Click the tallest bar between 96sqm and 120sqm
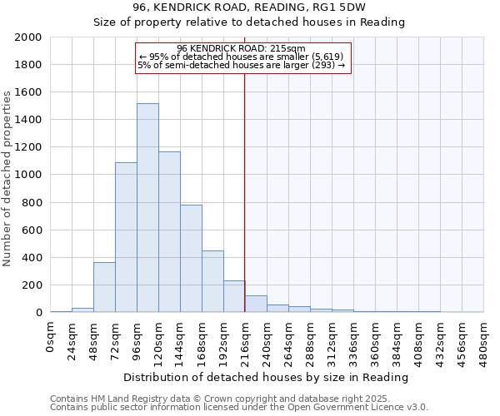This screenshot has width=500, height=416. pos(147,208)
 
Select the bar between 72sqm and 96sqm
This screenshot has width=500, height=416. pos(126,237)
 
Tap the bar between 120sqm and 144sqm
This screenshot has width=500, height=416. pos(169,232)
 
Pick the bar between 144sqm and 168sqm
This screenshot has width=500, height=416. pos(191,259)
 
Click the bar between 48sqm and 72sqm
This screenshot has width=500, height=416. pos(104,287)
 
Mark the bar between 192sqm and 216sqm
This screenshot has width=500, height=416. pos(234,296)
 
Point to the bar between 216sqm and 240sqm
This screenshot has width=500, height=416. pos(256,304)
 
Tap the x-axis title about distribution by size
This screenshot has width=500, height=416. pos(267,377)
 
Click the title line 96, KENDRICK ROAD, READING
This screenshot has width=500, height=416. pos(267,7)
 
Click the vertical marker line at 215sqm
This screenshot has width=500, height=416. pos(244,208)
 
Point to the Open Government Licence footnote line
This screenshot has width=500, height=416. pos(239,408)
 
